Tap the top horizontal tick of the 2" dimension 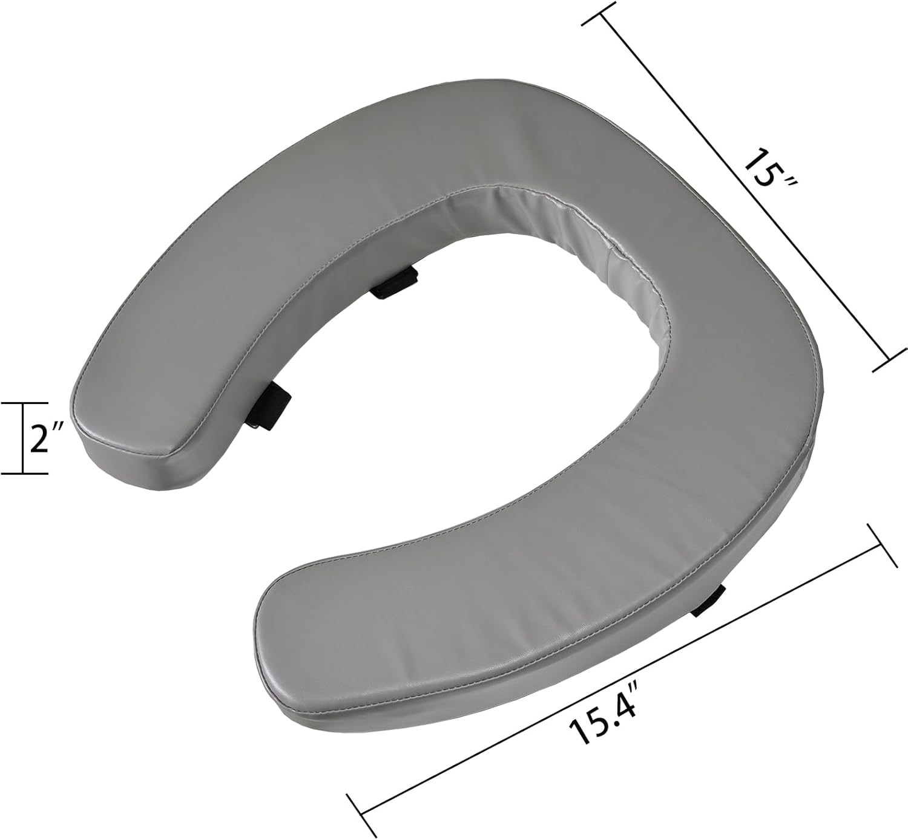(24, 403)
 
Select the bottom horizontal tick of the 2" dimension (24, 474)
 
